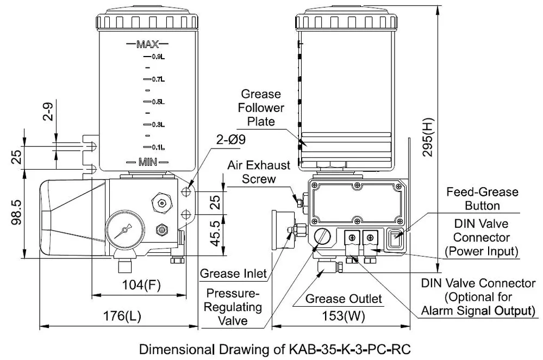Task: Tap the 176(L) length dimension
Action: [x=122, y=316]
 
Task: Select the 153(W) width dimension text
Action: [x=344, y=316]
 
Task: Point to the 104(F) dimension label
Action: [x=141, y=285]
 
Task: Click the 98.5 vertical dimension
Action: [x=17, y=212]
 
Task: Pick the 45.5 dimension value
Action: [x=215, y=233]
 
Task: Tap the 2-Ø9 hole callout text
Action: [x=231, y=139]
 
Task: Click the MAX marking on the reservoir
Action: [x=148, y=45]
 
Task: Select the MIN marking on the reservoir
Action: [x=148, y=162]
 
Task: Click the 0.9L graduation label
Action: [x=158, y=57]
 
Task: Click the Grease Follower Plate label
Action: [x=261, y=108]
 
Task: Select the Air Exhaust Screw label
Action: [x=259, y=172]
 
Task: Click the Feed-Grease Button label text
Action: [x=482, y=199]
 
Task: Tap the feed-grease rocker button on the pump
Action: [x=395, y=239]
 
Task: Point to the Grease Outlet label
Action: [x=344, y=299]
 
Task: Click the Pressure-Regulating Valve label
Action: [x=233, y=307]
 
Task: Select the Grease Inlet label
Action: [x=233, y=274]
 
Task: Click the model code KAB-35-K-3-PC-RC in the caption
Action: [x=349, y=349]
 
